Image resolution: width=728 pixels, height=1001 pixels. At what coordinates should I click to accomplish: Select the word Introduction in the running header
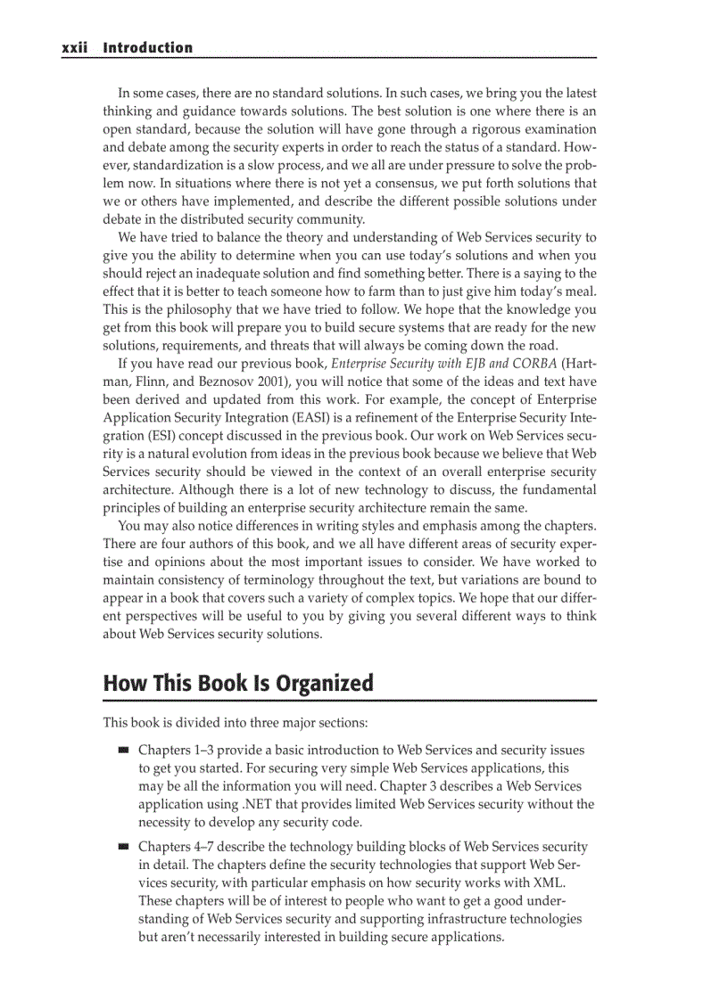click(147, 48)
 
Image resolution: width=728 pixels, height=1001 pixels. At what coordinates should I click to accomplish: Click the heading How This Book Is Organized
click(238, 684)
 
